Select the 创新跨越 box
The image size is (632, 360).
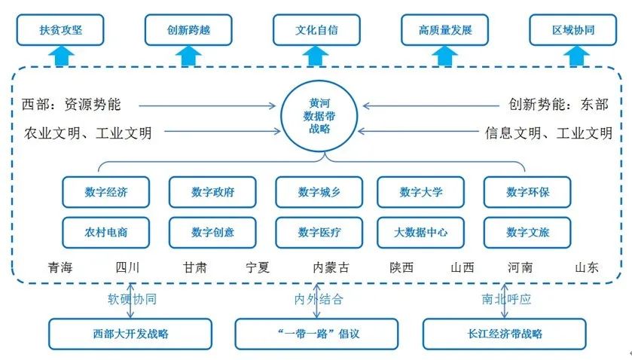(188, 30)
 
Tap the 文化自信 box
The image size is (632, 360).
(316, 30)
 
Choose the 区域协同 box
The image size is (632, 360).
(573, 30)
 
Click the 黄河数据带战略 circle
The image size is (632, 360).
(316, 117)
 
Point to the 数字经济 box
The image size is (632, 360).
(106, 192)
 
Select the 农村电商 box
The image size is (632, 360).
(106, 233)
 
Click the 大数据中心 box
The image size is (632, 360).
(421, 233)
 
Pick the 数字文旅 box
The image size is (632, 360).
(527, 233)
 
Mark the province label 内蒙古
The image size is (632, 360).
(331, 267)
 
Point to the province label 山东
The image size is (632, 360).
(587, 267)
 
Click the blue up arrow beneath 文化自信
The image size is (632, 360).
(316, 55)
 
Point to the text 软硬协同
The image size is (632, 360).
(132, 299)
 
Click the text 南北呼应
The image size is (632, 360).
(506, 299)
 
